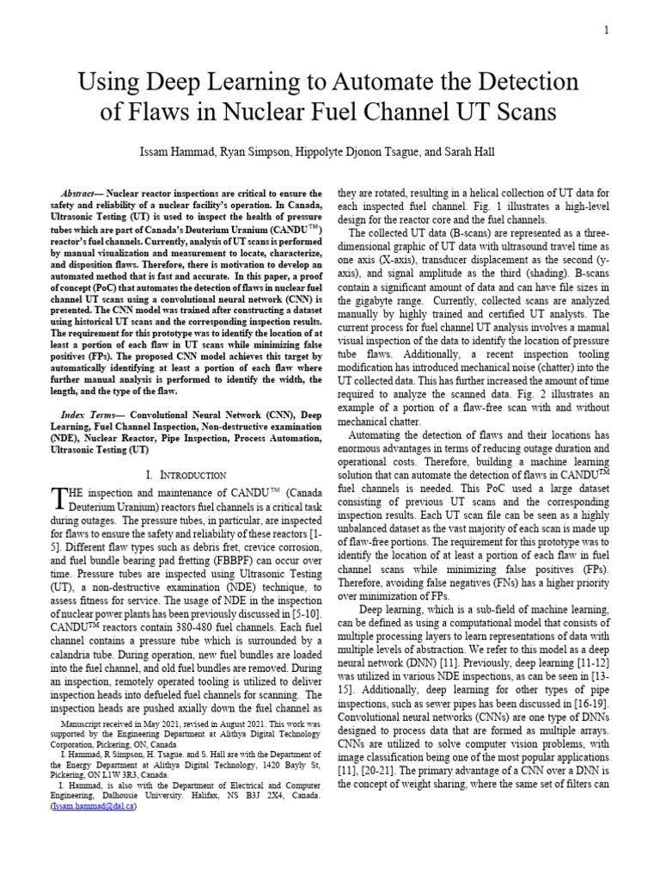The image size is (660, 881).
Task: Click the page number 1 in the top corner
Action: point(606,31)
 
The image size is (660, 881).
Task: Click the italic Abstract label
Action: point(80,194)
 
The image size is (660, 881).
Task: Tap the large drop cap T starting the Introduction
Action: point(60,498)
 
